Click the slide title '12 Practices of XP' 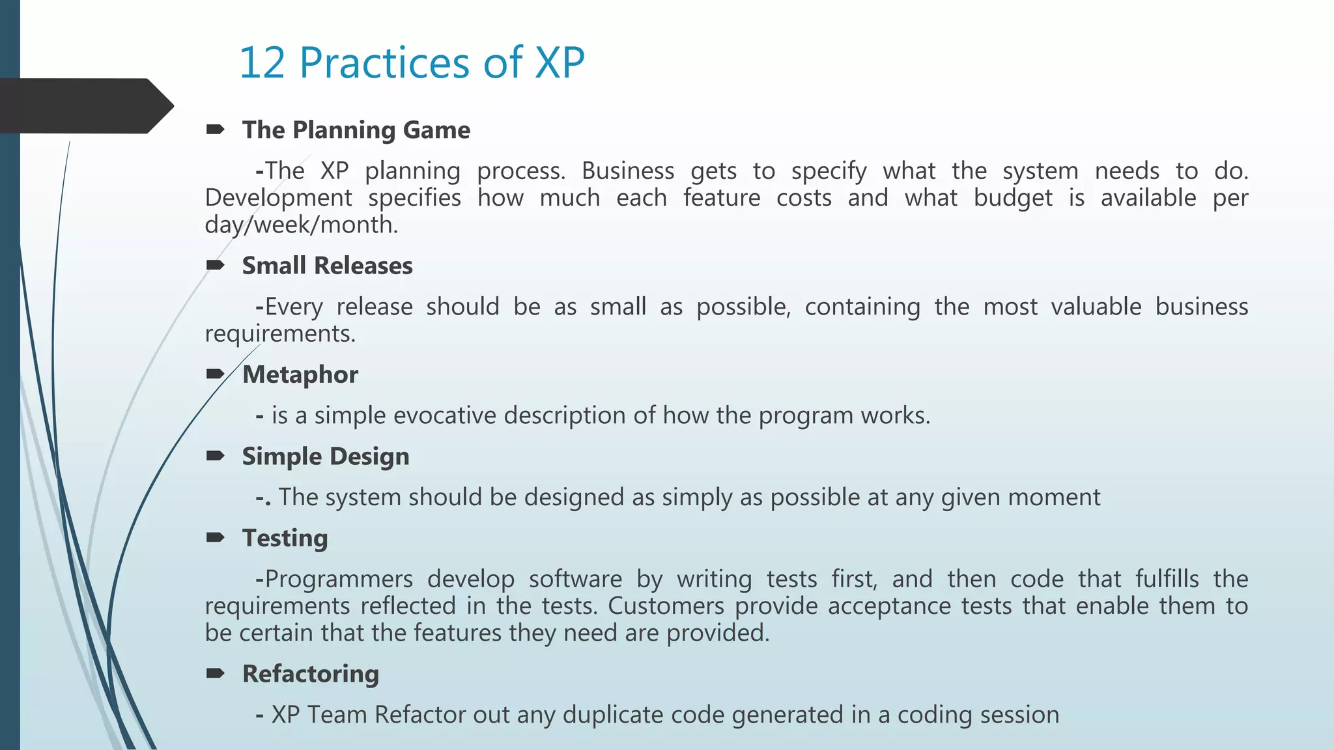(412, 63)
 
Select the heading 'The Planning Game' (356, 130)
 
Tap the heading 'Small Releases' (327, 266)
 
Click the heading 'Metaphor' (300, 374)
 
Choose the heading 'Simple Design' (326, 456)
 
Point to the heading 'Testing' (285, 538)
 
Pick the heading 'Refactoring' (310, 674)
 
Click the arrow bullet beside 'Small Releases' (216, 265)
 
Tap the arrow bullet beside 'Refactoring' (216, 673)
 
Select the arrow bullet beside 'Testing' (216, 538)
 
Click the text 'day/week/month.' (301, 225)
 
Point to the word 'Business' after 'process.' (627, 171)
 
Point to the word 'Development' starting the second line (278, 198)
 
